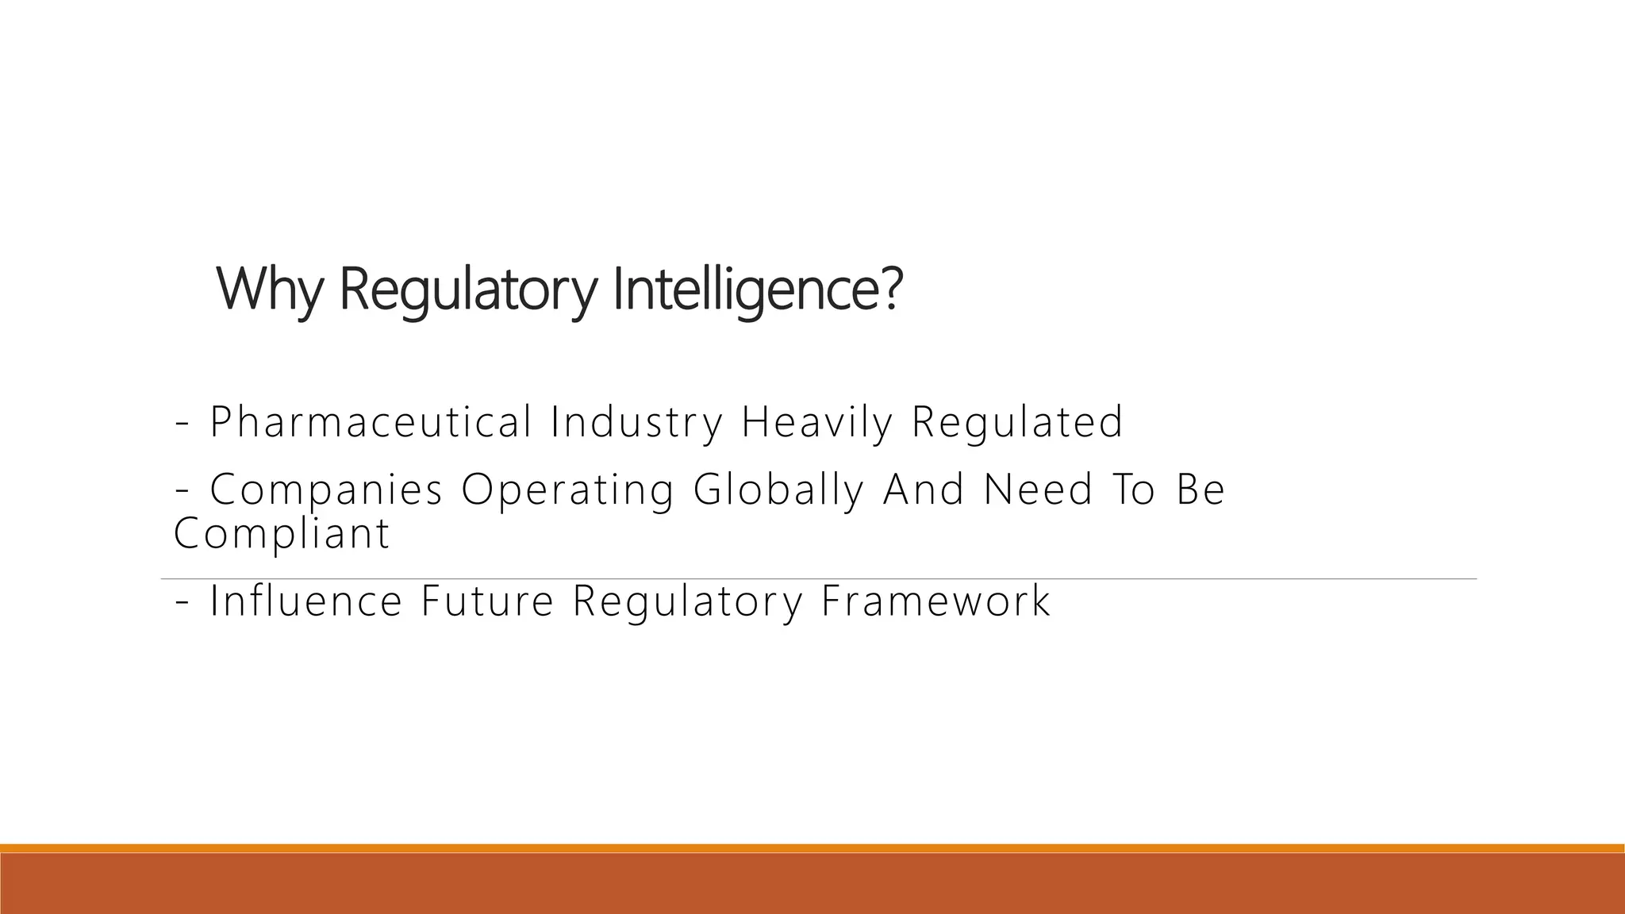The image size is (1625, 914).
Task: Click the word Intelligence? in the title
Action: (x=758, y=290)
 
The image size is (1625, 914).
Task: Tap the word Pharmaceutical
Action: (x=371, y=421)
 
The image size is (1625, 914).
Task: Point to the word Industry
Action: (x=636, y=421)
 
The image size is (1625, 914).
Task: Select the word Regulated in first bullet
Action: (x=1017, y=421)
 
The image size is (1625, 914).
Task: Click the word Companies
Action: (x=326, y=489)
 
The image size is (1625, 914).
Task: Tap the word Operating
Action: (x=567, y=489)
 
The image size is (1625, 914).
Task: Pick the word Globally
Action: (x=778, y=489)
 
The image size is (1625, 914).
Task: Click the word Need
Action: (x=1039, y=489)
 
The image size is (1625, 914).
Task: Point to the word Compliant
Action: (x=282, y=533)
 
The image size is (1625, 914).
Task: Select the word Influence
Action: (x=306, y=601)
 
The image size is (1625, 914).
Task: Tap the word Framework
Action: (x=936, y=601)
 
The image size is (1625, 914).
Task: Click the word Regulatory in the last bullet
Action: (x=688, y=601)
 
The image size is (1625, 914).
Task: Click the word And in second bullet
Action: (x=924, y=489)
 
